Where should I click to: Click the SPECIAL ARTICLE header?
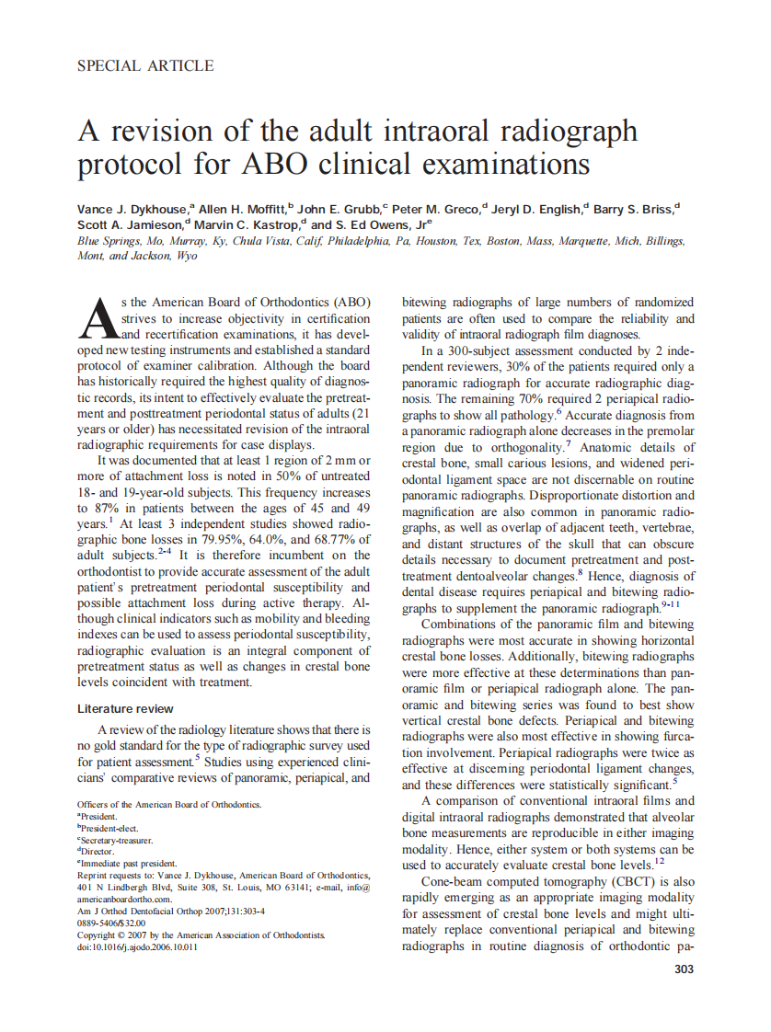click(145, 65)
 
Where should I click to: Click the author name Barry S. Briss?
click(633, 210)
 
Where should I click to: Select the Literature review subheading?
click(125, 709)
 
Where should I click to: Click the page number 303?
click(683, 969)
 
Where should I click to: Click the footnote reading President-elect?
click(109, 828)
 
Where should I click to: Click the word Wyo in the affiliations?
click(186, 255)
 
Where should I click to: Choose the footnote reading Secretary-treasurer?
click(116, 840)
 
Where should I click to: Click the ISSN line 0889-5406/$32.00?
click(112, 923)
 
